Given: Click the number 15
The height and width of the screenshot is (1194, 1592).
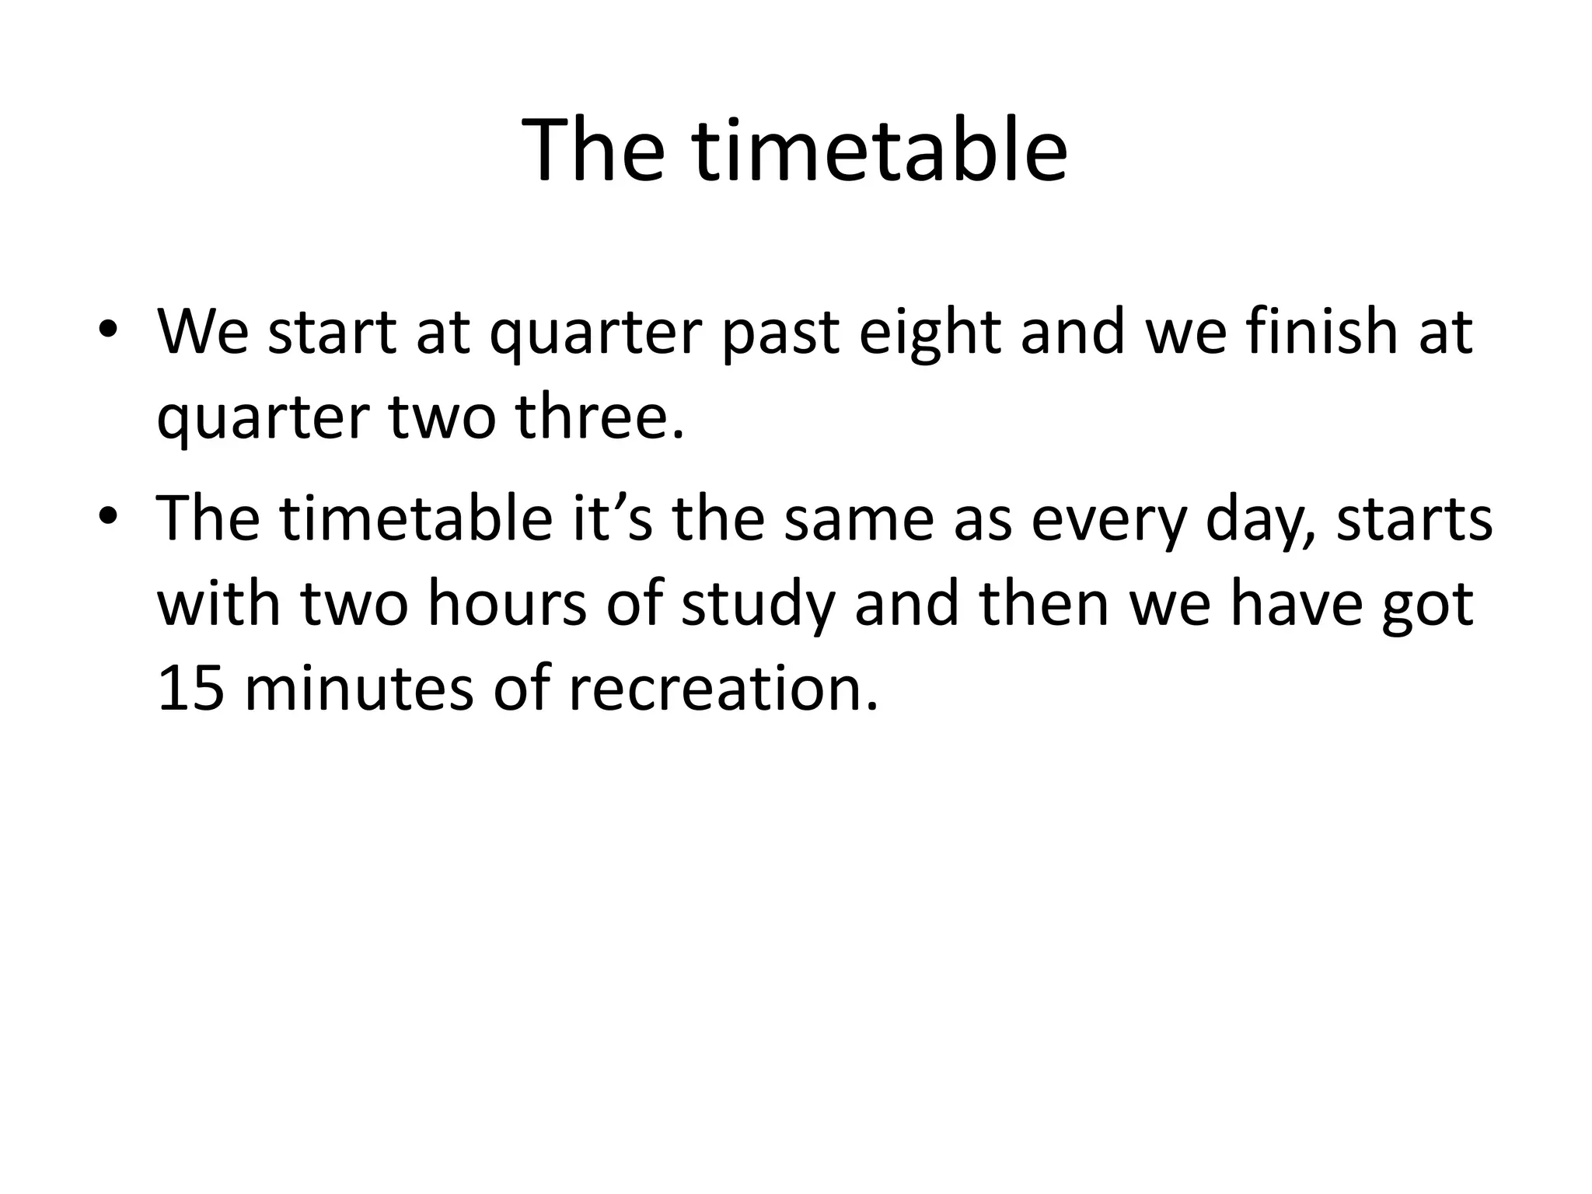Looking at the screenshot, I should (191, 689).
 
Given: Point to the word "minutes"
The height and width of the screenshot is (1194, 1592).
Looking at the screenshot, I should (358, 689).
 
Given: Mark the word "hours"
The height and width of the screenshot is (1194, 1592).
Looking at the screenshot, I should (506, 603).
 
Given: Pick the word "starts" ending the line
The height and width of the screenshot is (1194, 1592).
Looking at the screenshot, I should (1413, 519).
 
